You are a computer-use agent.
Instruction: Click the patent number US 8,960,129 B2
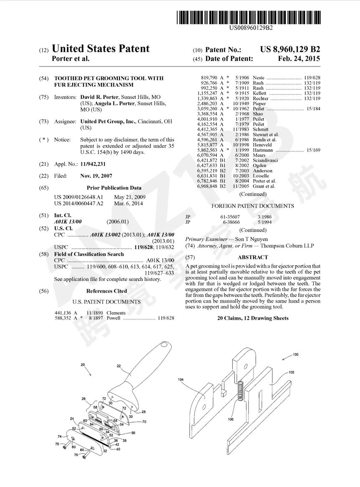point(290,49)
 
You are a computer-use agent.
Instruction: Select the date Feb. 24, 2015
point(299,59)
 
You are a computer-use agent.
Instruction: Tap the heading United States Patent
point(100,49)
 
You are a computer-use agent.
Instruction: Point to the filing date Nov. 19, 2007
point(96,176)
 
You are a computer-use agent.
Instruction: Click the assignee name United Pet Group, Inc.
point(108,121)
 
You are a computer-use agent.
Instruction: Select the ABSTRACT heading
point(253,258)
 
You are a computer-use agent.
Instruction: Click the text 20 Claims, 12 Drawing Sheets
point(253,318)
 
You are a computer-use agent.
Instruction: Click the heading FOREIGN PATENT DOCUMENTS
point(253,206)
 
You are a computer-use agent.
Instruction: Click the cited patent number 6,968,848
point(208,186)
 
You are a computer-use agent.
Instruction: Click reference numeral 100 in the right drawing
point(295,354)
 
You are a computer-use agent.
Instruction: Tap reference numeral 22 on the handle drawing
point(119,366)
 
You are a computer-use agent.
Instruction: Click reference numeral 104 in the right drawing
point(180,380)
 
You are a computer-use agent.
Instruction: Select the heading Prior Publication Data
point(114,188)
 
